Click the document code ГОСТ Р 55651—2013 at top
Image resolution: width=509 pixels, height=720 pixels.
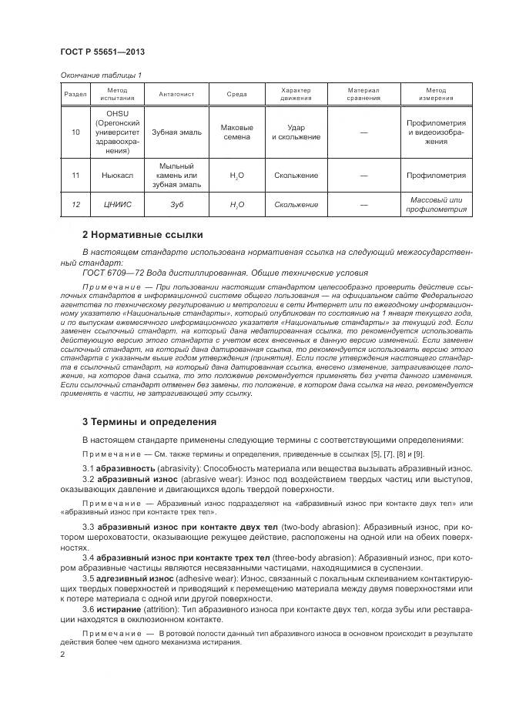coord(102,52)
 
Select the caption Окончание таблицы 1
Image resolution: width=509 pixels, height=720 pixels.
coord(100,75)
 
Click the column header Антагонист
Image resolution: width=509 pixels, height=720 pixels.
coord(176,94)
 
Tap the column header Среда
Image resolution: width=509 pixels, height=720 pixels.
coord(236,94)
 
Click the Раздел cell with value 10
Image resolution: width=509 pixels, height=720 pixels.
coord(75,132)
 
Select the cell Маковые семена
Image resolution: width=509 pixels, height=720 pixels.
coord(236,132)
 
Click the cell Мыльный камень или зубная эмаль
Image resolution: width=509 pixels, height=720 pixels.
coord(176,176)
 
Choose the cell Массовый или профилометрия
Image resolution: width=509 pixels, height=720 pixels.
coord(436,205)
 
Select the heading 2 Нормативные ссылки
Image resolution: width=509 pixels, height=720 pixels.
coord(142,234)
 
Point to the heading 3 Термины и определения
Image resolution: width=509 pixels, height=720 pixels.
coord(149,421)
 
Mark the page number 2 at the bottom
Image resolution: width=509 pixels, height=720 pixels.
coord(62,655)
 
